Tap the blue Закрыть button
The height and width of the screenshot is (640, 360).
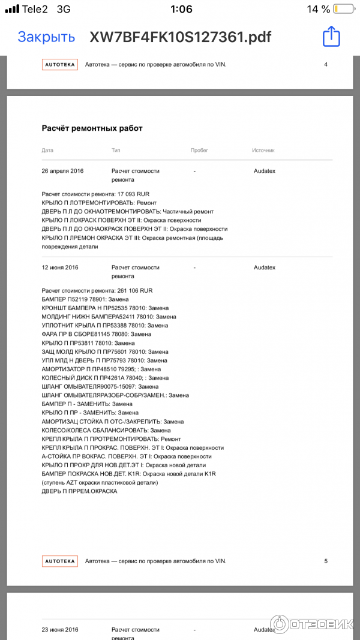(46, 37)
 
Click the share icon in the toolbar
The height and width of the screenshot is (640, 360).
(331, 37)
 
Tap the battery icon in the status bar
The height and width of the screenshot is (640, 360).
(343, 9)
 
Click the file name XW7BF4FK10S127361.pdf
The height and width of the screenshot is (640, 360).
(180, 37)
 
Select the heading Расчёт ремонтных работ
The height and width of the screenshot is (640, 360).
(92, 128)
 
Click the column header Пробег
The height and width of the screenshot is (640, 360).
(199, 150)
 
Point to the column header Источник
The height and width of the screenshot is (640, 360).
(263, 150)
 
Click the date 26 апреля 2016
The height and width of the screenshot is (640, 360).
(62, 171)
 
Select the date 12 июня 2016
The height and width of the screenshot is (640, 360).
(60, 268)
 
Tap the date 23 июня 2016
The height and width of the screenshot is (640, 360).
(60, 630)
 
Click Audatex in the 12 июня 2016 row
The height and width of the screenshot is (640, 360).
(265, 268)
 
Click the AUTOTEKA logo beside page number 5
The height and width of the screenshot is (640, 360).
(60, 561)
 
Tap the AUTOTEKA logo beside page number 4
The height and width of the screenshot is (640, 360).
(60, 65)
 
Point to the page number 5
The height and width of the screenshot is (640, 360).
(326, 561)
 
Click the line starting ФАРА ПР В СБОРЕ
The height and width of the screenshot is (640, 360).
(96, 334)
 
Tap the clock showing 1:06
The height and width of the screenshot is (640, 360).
(181, 9)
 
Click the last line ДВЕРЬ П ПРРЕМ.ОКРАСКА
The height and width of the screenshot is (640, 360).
(79, 491)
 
